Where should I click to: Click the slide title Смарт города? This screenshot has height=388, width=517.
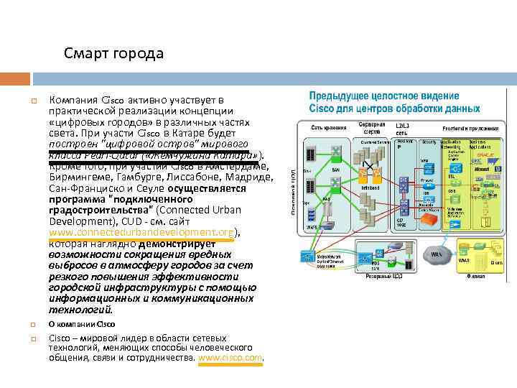coord(113,54)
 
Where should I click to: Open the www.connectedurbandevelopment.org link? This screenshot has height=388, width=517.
coord(141,233)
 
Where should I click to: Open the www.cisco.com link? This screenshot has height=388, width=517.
coord(230,357)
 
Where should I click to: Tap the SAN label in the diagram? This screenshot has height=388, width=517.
coord(335,170)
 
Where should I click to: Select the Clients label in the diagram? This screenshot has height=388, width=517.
coord(497,263)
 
